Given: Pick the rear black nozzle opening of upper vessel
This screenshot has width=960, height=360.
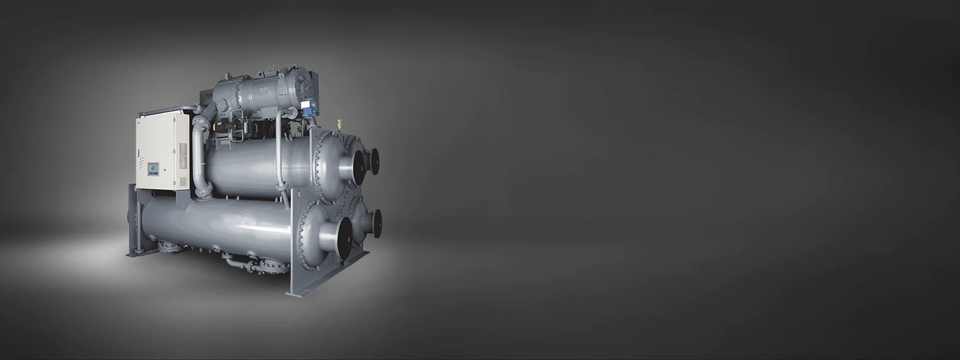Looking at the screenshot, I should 375,161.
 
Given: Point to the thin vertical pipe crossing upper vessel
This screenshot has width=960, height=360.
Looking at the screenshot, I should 278,156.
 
